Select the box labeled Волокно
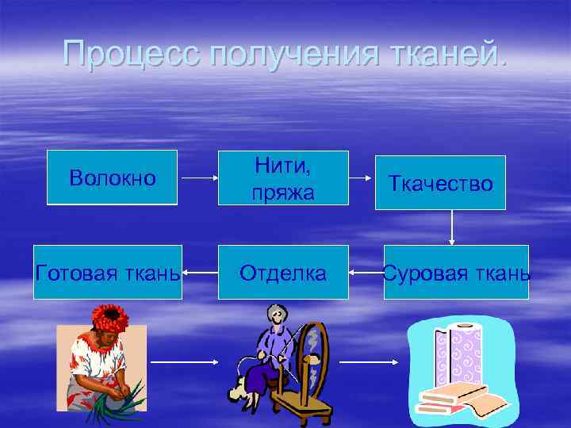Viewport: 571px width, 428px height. click(x=112, y=178)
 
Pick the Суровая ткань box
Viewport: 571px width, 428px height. click(x=456, y=273)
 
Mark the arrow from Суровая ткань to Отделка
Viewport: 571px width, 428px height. click(x=366, y=273)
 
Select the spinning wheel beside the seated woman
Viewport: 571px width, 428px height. click(x=314, y=357)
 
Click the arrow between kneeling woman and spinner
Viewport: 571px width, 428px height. click(x=184, y=361)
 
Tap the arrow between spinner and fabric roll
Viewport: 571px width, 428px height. click(x=369, y=361)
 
